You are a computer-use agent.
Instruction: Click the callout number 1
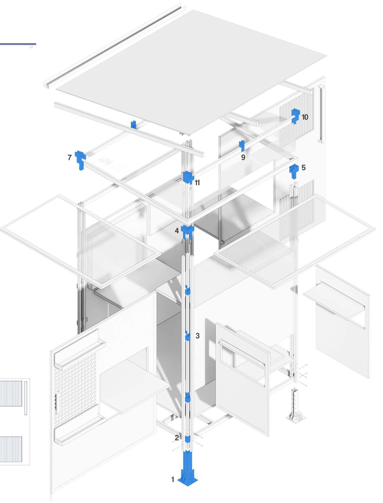coord(173,480)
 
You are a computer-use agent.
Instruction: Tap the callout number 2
coord(176,438)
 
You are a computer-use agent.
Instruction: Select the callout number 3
coord(197,336)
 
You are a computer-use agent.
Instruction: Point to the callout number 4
coord(177,231)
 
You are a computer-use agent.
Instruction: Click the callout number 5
coord(304,167)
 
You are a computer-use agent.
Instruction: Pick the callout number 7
coord(69,158)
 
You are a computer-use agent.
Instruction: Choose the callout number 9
coord(243,157)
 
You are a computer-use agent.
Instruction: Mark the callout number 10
coord(305,117)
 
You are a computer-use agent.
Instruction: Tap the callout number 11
coord(197,183)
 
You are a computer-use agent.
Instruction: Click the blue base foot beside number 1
coord(187,471)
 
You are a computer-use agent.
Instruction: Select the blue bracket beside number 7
coord(80,160)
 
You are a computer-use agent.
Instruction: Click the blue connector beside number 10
coord(295,116)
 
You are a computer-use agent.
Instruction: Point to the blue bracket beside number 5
coord(294,171)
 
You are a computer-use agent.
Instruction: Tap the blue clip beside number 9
coord(242,146)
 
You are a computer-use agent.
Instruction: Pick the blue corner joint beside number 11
coord(188,177)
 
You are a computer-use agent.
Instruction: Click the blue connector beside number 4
coord(187,231)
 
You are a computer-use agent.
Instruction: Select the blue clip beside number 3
coord(187,336)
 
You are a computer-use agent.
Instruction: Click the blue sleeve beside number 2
coord(187,439)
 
